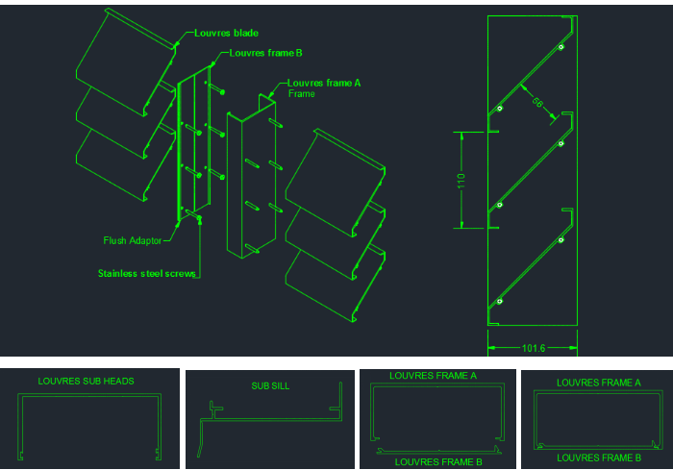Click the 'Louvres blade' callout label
226,33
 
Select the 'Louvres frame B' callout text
266,53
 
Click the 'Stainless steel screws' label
146,273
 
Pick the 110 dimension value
462,180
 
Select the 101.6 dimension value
534,349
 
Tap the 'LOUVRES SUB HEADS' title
86,381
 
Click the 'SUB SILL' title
270,386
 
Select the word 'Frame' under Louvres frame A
301,94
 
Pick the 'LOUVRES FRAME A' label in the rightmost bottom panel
598,383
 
